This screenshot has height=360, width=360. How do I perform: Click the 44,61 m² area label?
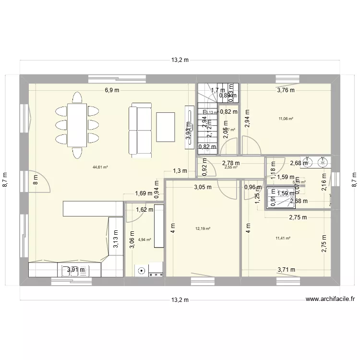pos(100,168)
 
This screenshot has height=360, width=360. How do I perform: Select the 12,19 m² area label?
pos(203,229)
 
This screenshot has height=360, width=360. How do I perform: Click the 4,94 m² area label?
pos(144,240)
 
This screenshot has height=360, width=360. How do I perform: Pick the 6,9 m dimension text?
pos(113,90)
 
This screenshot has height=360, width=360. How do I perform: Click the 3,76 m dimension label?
pos(286,90)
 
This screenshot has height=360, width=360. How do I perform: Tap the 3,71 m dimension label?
pos(286,270)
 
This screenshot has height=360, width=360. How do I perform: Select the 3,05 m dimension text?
pos(203,187)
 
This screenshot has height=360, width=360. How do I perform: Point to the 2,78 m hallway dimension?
pos(231,163)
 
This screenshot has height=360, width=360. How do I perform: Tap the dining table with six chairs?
pos(75,125)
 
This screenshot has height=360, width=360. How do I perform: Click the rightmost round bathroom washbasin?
pos(322,162)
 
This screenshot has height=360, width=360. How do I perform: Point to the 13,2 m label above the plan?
pos(180,60)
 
